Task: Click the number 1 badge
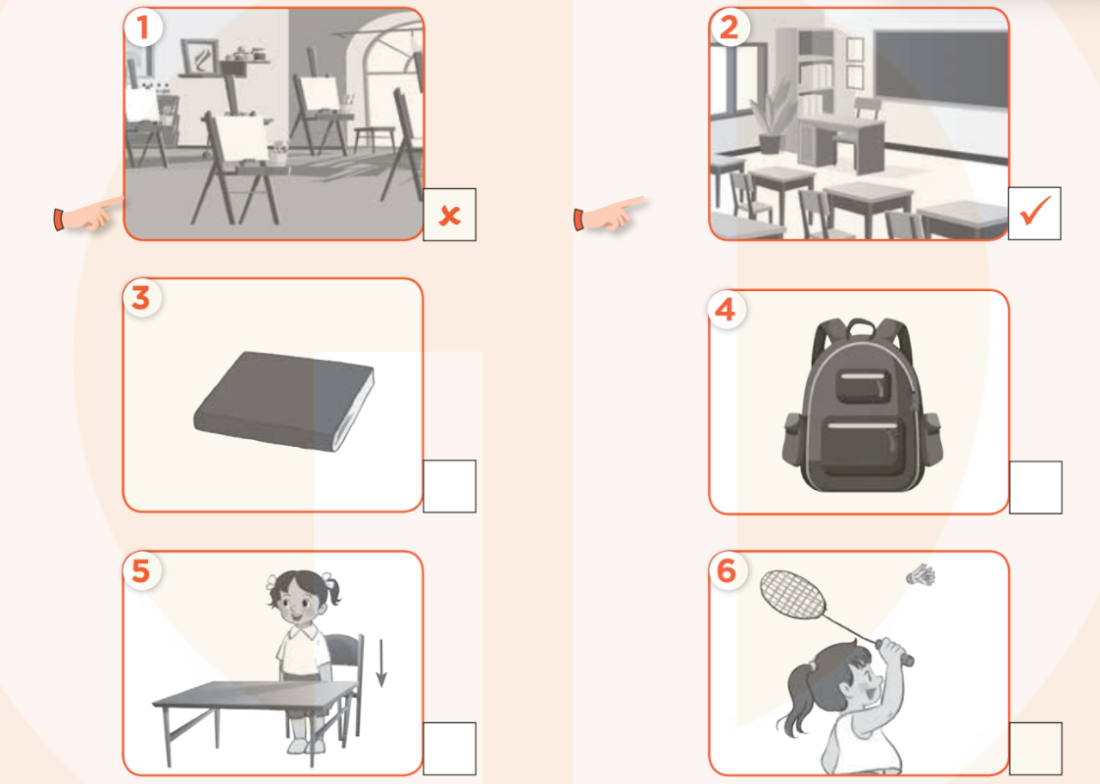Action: [143, 28]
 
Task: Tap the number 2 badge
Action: [728, 28]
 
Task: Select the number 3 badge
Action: [141, 298]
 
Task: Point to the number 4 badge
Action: [725, 310]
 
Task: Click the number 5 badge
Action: [141, 570]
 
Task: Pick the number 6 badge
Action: [726, 571]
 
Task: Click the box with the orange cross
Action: [449, 215]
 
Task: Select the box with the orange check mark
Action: [1034, 213]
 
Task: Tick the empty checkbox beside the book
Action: [449, 485]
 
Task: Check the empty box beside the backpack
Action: [1034, 487]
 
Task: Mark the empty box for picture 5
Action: [449, 749]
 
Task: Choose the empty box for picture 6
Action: [1034, 749]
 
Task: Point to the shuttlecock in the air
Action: [921, 576]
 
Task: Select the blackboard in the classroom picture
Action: [939, 69]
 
